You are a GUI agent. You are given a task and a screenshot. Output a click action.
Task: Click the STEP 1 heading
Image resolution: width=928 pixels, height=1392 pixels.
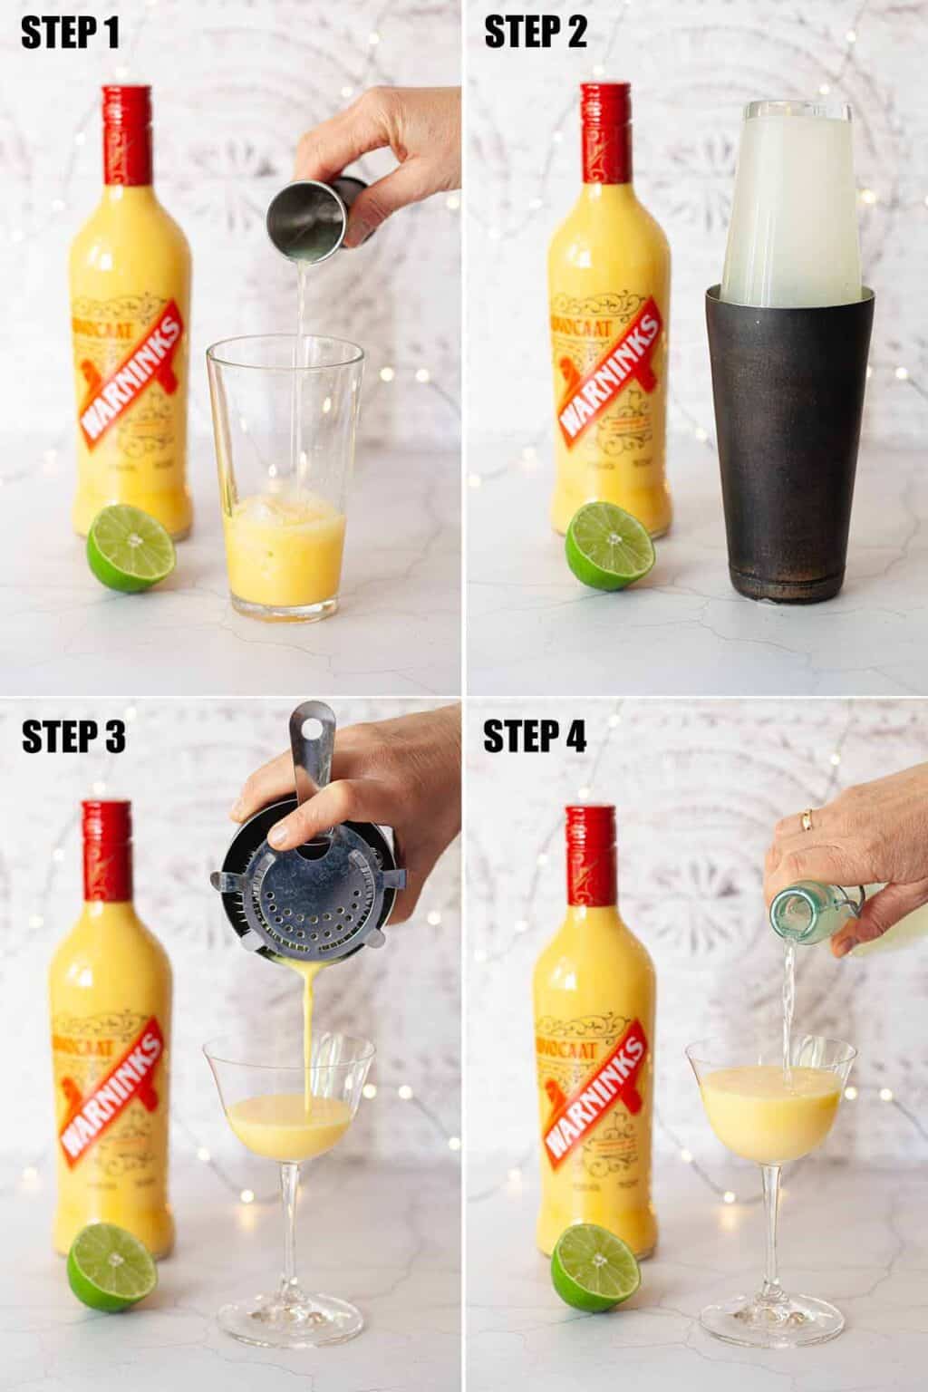(71, 34)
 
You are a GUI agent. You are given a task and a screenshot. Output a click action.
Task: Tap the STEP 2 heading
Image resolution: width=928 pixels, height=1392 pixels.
(536, 34)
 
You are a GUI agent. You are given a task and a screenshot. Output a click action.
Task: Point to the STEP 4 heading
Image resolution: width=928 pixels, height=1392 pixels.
(536, 738)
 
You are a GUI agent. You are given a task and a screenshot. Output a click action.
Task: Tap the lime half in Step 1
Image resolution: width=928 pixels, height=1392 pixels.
(131, 549)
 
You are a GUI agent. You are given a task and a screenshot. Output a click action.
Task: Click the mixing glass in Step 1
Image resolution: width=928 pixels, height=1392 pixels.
(285, 480)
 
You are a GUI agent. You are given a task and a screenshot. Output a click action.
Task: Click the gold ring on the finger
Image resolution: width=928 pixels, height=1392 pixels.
(804, 819)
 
